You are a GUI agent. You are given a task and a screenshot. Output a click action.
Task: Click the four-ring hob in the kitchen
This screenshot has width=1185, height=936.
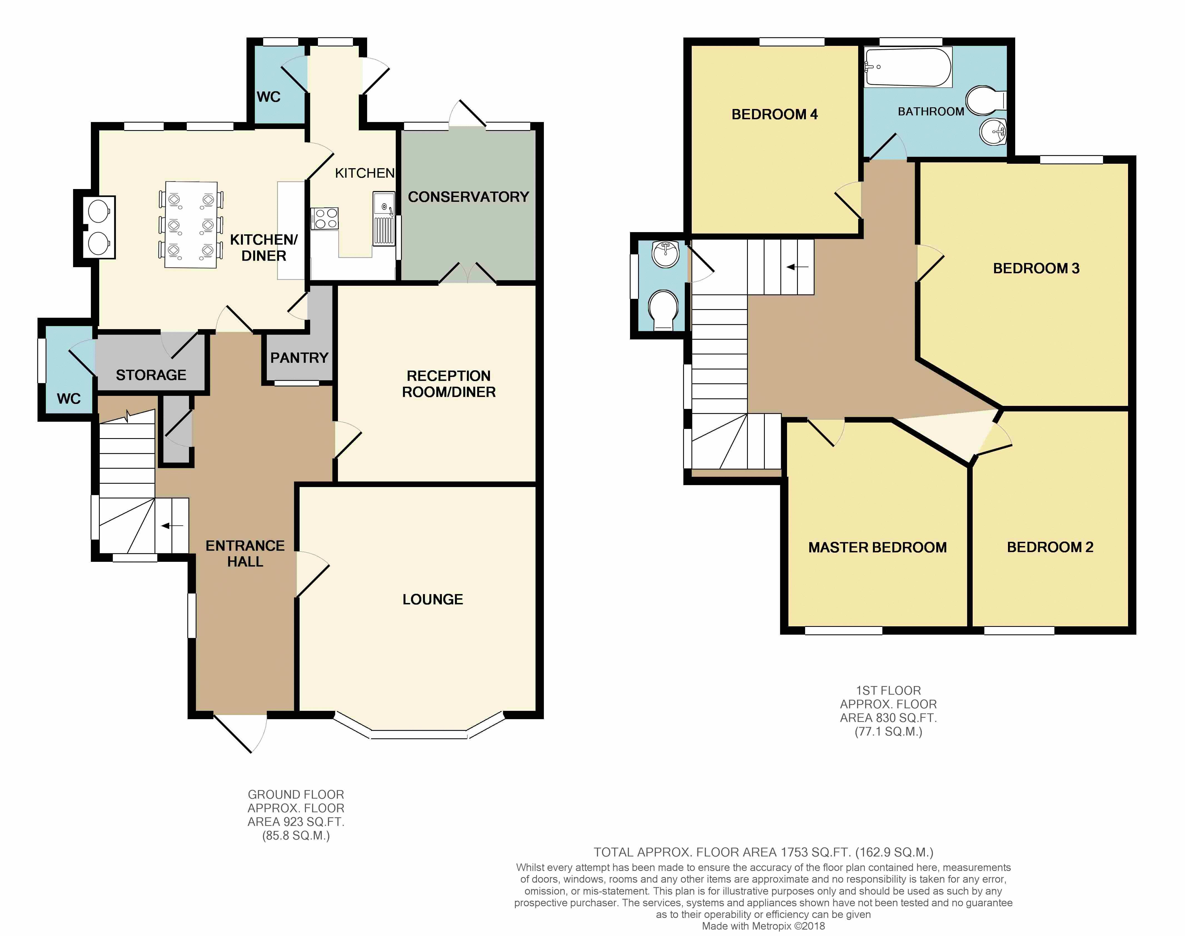point(325,218)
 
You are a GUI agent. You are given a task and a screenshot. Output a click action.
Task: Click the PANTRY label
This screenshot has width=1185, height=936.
point(299,358)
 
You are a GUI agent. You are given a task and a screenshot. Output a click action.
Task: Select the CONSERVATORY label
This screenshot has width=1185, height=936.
point(468,197)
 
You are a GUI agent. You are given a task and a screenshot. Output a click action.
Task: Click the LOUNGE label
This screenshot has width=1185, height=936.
point(433,600)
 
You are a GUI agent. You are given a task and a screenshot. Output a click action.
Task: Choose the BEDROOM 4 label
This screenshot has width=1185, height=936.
point(775,115)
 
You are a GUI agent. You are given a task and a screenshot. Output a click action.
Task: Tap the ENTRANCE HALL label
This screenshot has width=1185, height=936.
point(245,553)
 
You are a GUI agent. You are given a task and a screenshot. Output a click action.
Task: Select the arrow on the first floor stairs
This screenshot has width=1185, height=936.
point(798,267)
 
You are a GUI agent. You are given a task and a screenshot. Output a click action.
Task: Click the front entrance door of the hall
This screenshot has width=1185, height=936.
point(240,733)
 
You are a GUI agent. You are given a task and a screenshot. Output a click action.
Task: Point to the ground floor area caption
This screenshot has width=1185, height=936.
point(296,815)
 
